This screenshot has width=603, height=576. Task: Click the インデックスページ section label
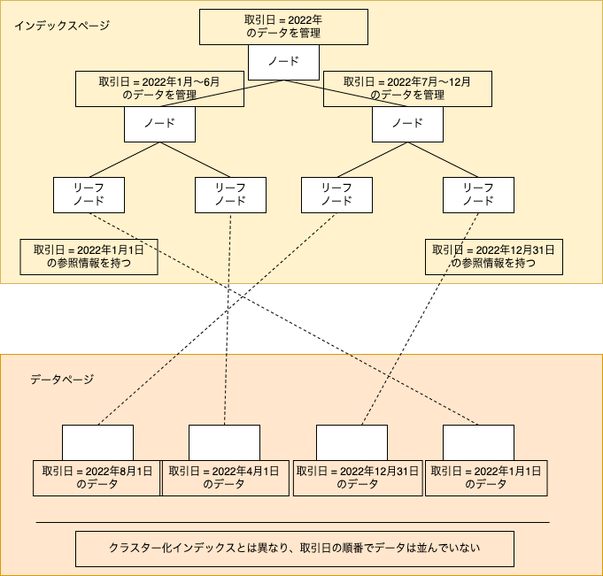[x=62, y=26]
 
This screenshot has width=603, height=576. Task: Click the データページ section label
[x=62, y=380]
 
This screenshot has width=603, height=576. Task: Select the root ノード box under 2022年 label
[x=284, y=62]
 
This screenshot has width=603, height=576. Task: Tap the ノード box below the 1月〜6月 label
[x=159, y=124]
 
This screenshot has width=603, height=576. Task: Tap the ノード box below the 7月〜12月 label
[x=407, y=124]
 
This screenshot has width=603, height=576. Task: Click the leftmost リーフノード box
[x=89, y=195]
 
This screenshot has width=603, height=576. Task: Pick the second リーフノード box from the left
[x=230, y=195]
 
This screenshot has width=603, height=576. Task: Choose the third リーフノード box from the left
[x=336, y=195]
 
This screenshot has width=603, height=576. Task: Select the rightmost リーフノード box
[x=478, y=195]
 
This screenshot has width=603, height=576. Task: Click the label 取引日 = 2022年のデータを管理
[x=284, y=27]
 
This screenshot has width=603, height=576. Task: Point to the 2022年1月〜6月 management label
[x=159, y=88]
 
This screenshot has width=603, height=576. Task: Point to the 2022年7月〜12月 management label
[x=407, y=88]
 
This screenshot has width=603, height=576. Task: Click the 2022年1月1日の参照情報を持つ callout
[x=89, y=257]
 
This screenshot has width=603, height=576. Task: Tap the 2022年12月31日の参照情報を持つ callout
[x=494, y=257]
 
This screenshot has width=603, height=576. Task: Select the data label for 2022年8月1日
[x=97, y=478]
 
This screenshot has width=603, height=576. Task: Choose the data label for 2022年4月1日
[x=226, y=478]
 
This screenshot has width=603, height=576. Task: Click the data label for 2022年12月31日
[x=358, y=478]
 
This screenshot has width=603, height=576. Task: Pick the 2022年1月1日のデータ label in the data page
[x=486, y=478]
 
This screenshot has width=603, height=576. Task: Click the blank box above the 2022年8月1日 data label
[x=97, y=442]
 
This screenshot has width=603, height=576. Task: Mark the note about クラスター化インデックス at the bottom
[x=295, y=549]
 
